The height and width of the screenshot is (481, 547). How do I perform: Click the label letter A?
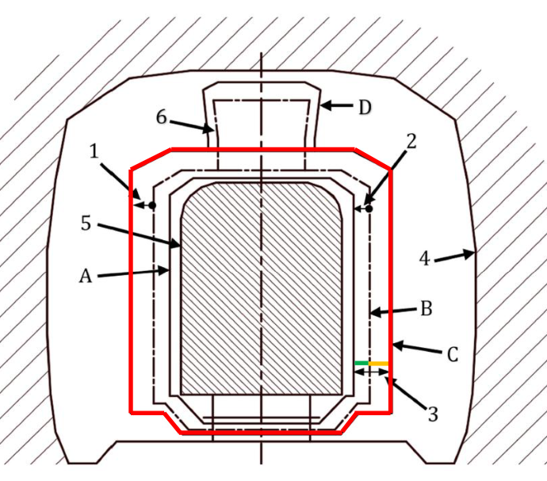coord(86,277)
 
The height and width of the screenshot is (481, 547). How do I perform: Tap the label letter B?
coord(427,309)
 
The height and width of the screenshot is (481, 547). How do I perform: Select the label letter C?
coord(452,355)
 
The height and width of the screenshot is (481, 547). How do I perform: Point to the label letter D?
coord(365,108)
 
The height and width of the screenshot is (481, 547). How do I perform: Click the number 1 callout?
coord(94,151)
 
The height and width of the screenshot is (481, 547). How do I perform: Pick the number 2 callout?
coord(411,142)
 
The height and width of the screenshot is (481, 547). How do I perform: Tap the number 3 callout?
coord(433,414)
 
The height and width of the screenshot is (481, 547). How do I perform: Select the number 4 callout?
coord(424,259)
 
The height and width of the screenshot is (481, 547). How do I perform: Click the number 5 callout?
coord(86,223)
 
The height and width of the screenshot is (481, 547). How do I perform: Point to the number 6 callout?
coord(161,116)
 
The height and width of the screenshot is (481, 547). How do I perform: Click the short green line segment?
coord(361,363)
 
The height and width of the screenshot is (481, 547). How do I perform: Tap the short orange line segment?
coord(378,364)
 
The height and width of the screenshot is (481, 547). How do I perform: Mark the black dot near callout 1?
coord(152,205)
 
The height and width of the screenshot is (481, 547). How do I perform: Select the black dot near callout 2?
coord(369,209)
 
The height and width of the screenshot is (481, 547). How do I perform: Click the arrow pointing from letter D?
coord(337,105)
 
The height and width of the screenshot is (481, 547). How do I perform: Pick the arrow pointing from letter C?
coord(417,349)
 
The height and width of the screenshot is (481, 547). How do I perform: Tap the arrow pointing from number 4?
coord(454,256)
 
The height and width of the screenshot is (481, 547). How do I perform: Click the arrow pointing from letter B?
coord(393,311)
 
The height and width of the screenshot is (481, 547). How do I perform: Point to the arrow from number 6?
coord(191,125)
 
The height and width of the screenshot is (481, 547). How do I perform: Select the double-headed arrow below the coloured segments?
coord(372,372)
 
